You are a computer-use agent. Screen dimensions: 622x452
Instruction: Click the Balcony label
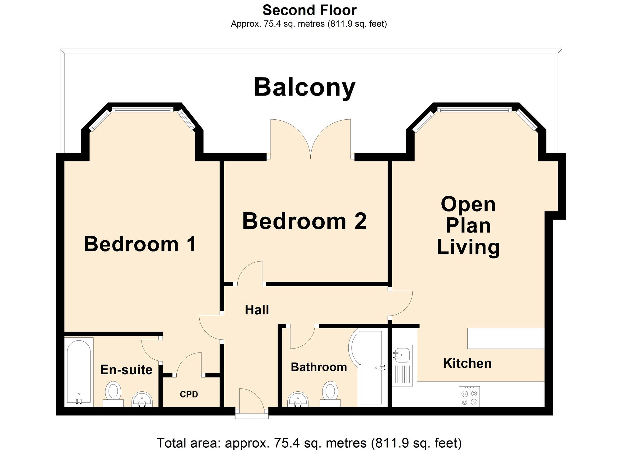click(x=304, y=87)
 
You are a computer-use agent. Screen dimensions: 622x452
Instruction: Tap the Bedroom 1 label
click(x=140, y=244)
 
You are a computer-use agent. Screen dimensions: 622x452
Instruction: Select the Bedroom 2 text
click(x=304, y=221)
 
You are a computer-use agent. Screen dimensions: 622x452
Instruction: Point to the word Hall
click(x=257, y=310)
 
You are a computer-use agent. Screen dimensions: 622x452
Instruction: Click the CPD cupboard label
click(x=189, y=394)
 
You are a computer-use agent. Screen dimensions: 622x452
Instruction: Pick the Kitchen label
click(x=467, y=363)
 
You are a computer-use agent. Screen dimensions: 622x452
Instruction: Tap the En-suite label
click(x=126, y=370)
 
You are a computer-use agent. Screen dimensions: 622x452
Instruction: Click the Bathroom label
click(x=319, y=367)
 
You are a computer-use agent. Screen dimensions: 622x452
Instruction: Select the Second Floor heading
click(x=309, y=10)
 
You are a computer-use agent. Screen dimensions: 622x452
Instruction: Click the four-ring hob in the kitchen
click(x=469, y=396)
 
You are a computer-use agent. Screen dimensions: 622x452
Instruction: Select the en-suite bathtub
click(x=79, y=372)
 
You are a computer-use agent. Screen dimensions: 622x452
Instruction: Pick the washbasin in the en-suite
click(x=142, y=399)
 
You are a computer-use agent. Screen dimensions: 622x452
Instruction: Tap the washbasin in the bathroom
click(x=298, y=399)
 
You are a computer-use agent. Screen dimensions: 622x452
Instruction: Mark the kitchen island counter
click(x=506, y=338)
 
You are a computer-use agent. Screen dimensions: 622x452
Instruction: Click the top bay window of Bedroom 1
click(x=142, y=109)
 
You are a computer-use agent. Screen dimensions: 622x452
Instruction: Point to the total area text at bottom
click(x=309, y=443)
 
